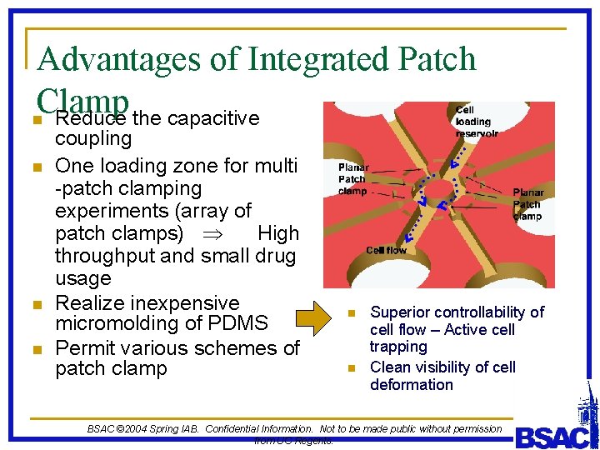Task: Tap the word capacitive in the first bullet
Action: click(213, 118)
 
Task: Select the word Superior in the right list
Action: click(402, 312)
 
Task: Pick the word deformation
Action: click(411, 385)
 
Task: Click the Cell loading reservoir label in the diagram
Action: click(476, 122)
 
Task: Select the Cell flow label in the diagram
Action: click(387, 250)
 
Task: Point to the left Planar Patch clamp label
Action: click(352, 178)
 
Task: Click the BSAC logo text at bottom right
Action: click(551, 437)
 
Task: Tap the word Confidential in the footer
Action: click(238, 429)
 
